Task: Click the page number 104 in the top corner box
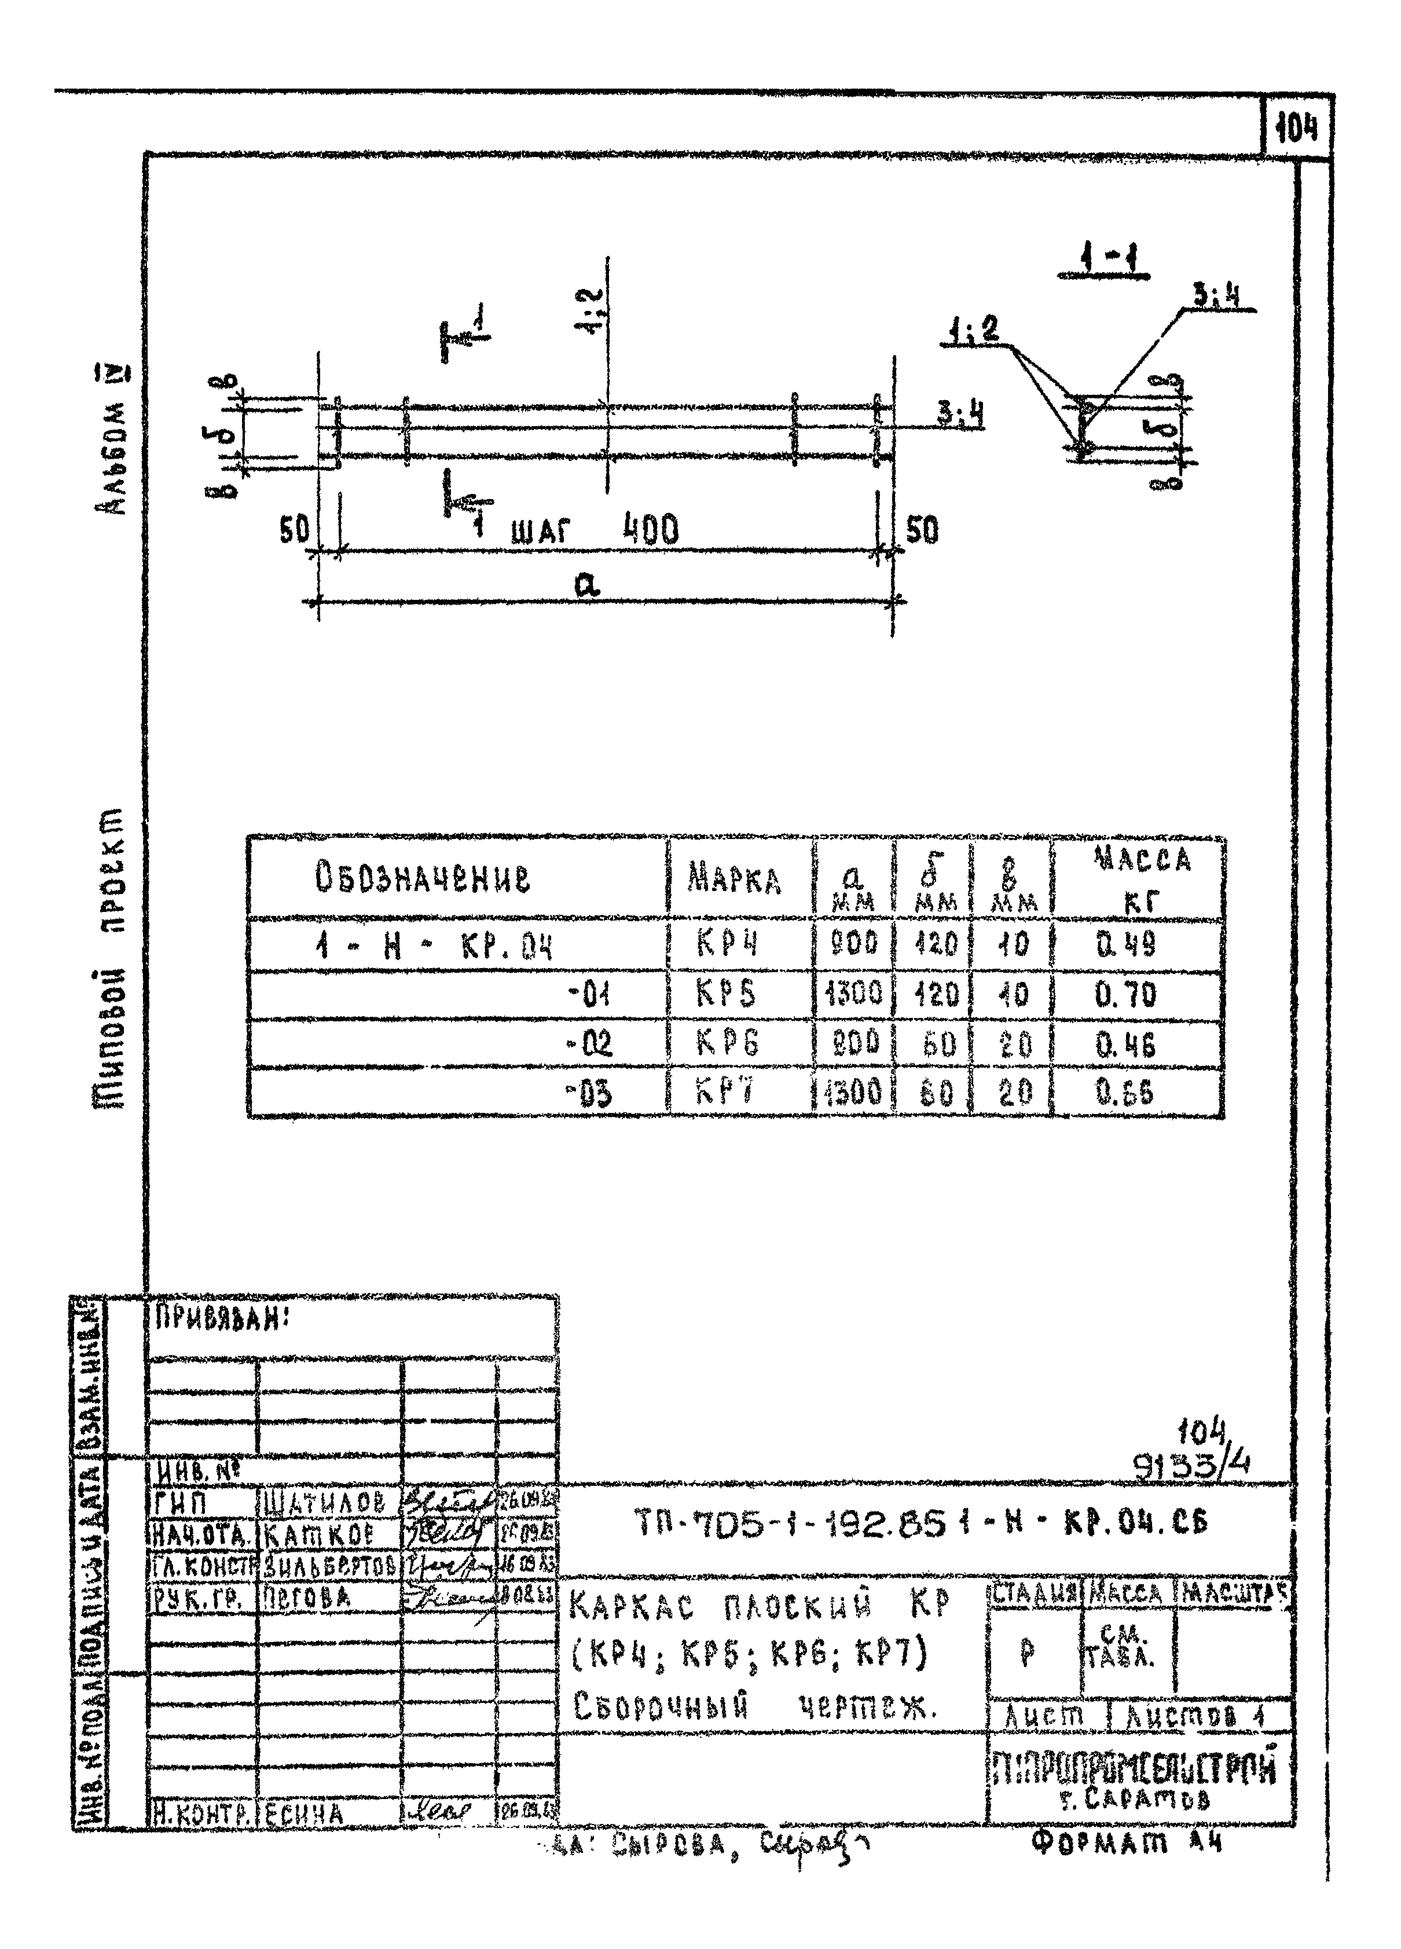click(1297, 129)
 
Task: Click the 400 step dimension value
click(650, 530)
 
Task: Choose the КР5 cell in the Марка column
click(726, 994)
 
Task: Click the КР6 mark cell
click(727, 1043)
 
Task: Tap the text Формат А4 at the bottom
click(1125, 1838)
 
